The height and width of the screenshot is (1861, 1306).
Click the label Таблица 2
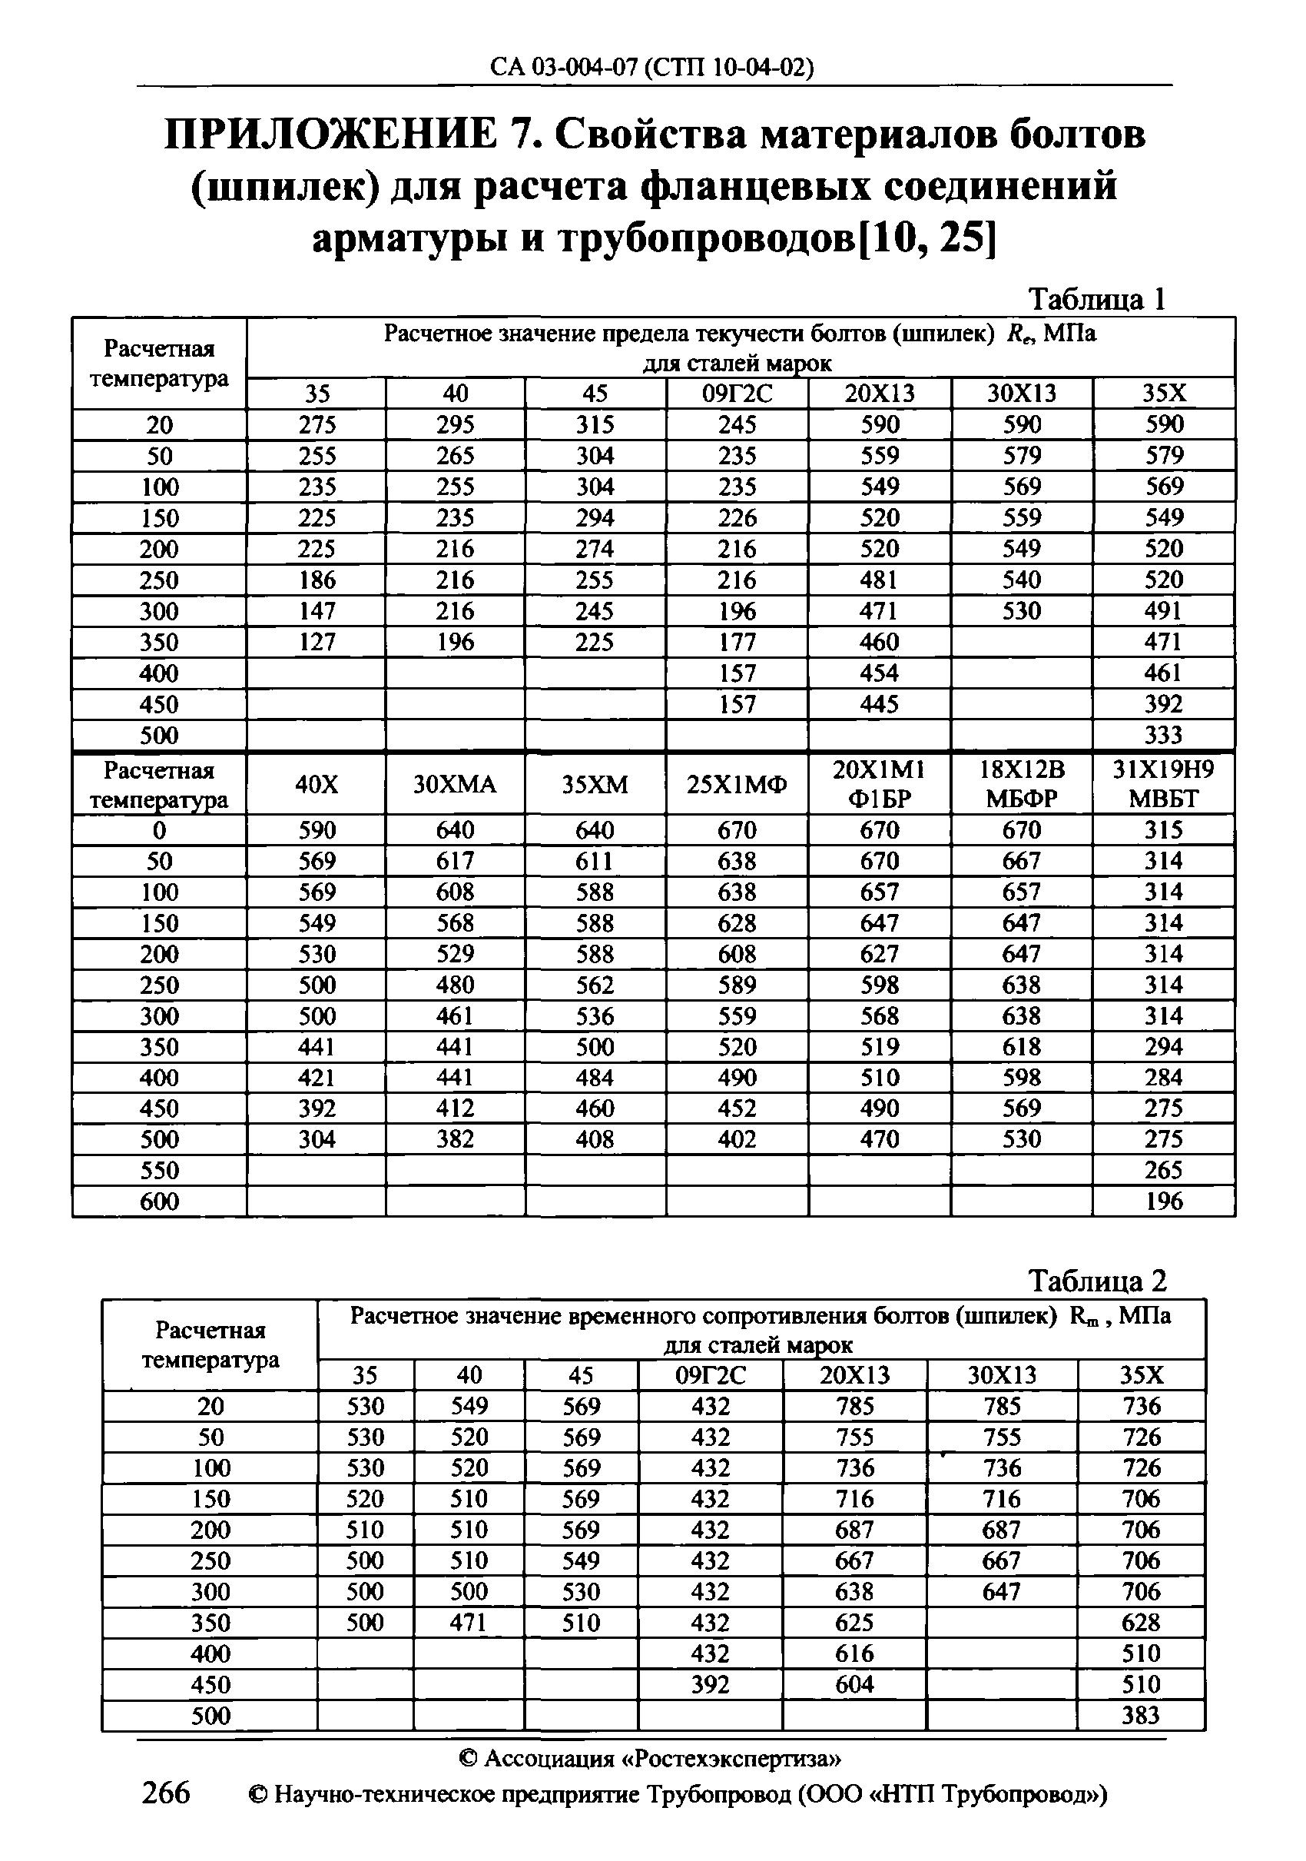tap(1097, 1281)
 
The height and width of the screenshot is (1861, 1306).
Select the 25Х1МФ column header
tap(737, 785)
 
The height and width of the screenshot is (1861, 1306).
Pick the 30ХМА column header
tap(455, 785)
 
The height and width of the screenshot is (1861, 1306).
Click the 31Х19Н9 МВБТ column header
tap(1163, 784)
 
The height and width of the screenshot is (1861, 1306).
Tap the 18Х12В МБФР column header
tap(1021, 784)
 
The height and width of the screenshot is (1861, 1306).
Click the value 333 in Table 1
tap(1163, 735)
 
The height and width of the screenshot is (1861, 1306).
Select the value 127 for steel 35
tap(316, 642)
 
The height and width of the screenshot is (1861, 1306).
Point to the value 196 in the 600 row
tap(1163, 1201)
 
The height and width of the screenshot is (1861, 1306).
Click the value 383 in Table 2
tap(1141, 1716)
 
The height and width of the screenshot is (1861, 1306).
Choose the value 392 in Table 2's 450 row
tap(710, 1685)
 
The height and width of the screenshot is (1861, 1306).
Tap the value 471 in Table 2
tap(469, 1623)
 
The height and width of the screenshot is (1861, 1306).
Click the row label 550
tap(159, 1171)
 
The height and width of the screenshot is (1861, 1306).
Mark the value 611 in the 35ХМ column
tap(595, 861)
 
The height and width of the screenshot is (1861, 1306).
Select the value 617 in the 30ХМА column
tap(455, 861)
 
